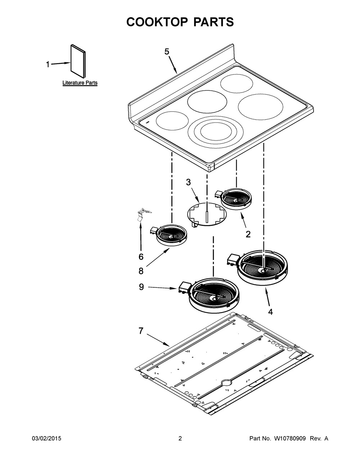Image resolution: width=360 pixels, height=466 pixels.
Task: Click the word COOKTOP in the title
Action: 157,22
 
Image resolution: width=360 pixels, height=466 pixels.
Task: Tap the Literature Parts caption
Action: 80,83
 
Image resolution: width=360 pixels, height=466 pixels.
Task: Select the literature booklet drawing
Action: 78,61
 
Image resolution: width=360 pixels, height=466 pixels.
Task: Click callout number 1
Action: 48,64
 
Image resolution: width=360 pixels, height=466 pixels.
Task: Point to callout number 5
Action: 167,52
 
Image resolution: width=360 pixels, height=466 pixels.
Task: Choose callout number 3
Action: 188,182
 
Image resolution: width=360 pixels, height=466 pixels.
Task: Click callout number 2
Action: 248,234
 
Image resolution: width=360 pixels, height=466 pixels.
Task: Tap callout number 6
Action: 141,257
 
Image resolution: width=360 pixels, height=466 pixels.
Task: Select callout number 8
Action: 141,271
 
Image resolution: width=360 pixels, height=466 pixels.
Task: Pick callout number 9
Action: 141,287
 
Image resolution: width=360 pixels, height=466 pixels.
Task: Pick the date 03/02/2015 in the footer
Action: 46,438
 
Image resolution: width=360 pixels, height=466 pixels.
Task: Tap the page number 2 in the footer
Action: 180,438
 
